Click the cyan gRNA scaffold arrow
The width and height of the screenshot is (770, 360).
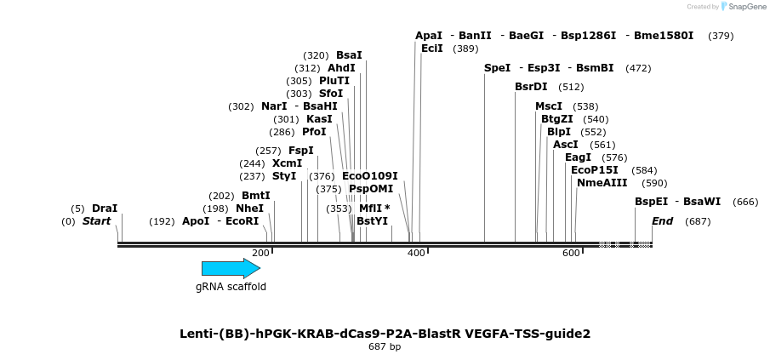(231, 269)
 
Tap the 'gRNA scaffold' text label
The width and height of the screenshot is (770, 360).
(231, 287)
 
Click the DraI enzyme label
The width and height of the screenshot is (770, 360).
(105, 208)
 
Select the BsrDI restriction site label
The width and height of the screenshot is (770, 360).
(531, 87)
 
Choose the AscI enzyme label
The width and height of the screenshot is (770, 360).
(565, 145)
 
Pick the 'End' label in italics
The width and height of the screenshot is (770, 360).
(662, 221)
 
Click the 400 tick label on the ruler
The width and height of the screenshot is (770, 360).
(416, 254)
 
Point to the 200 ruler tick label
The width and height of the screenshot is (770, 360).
(261, 254)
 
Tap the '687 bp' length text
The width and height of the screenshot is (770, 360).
(385, 347)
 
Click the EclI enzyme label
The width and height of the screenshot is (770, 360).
(431, 49)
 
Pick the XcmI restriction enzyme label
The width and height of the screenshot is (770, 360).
(287, 163)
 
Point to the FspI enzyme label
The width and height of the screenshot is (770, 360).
(300, 151)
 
